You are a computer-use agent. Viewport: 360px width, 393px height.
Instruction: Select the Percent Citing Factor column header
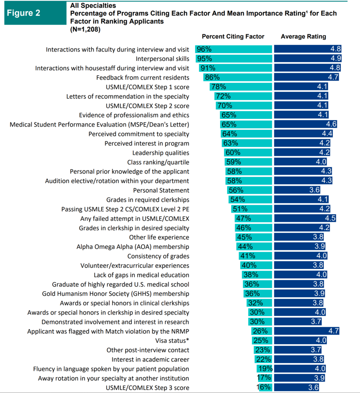(x=233, y=36)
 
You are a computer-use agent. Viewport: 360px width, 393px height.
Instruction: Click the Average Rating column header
(x=303, y=36)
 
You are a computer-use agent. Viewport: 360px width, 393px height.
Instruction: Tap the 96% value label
(x=204, y=50)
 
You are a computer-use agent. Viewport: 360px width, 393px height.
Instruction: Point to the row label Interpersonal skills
(x=162, y=59)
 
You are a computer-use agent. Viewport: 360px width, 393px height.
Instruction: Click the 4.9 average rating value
(x=335, y=59)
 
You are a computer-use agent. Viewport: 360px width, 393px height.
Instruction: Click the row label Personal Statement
(x=161, y=190)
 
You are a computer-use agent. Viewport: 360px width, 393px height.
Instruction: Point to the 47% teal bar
(x=253, y=218)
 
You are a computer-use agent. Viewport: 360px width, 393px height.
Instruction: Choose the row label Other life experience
(x=159, y=237)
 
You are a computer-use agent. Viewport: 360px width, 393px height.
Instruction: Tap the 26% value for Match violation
(x=259, y=331)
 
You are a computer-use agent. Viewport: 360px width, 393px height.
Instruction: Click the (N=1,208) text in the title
(x=85, y=29)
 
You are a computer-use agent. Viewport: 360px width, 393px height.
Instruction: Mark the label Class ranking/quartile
(x=158, y=162)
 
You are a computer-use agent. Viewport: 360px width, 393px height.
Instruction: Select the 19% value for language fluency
(x=265, y=369)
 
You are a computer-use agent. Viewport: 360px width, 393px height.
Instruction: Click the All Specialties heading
(x=93, y=6)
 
